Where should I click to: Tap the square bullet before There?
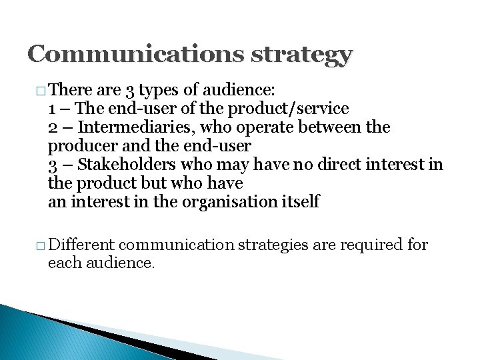[41, 90]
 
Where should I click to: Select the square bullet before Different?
[41, 245]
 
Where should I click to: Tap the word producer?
[77, 146]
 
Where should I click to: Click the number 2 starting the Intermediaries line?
[53, 127]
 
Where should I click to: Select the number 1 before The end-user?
[53, 108]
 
